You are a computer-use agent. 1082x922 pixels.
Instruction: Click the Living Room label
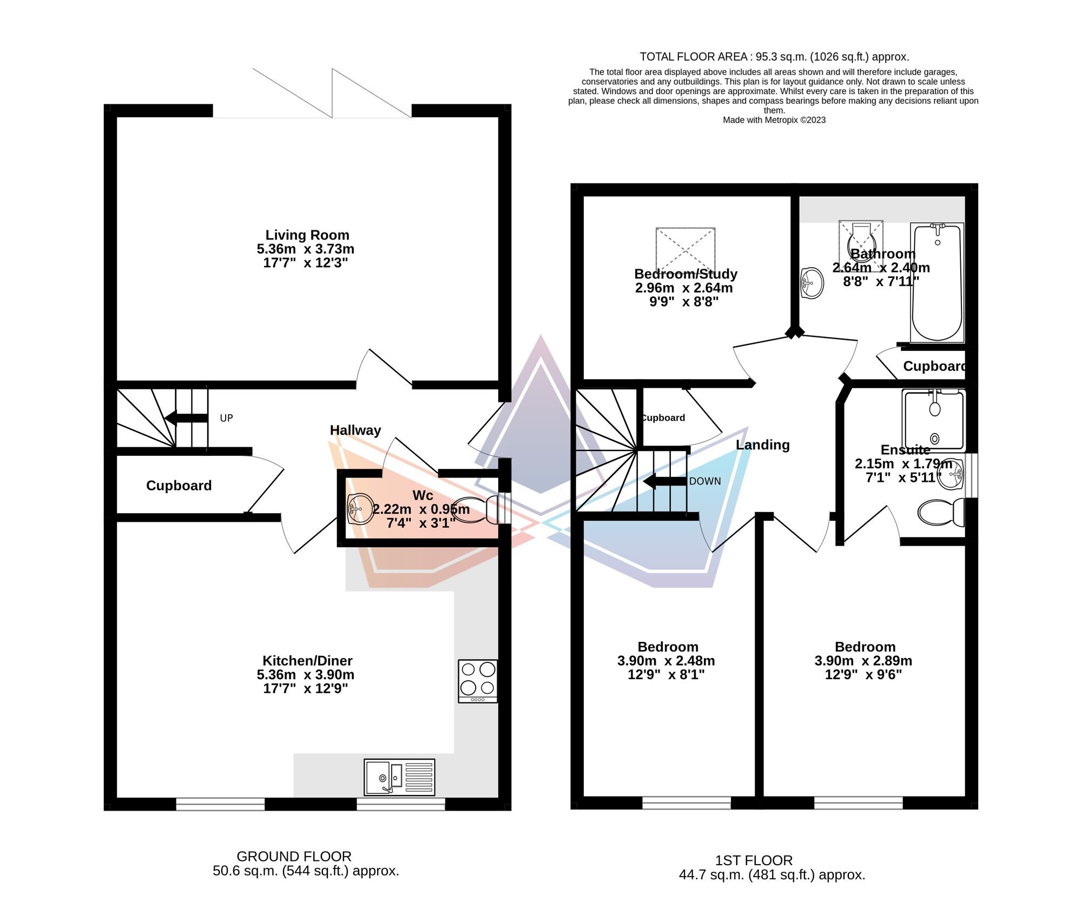[x=307, y=235]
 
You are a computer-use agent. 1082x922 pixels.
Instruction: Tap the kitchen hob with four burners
[x=478, y=680]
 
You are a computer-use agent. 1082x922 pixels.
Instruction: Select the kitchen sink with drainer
[x=399, y=777]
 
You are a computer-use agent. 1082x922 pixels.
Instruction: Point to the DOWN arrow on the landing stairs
[x=664, y=481]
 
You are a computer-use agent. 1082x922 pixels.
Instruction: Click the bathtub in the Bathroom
[x=937, y=282]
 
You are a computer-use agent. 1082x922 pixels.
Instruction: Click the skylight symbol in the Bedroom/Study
[x=685, y=249]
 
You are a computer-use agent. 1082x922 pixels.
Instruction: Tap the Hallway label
[x=355, y=430]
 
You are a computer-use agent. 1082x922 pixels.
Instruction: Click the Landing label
[x=762, y=445]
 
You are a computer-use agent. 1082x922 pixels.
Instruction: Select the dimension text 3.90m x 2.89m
[x=863, y=661]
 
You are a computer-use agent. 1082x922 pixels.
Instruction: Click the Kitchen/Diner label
[x=307, y=661]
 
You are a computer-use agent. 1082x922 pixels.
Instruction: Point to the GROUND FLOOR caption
[x=294, y=857]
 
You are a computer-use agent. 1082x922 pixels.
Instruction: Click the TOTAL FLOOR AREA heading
[x=774, y=57]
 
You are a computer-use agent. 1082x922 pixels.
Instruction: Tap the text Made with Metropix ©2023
[x=774, y=120]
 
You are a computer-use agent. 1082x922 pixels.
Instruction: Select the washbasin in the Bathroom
[x=811, y=282]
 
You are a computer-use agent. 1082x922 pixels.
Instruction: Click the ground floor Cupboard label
[x=179, y=486]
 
